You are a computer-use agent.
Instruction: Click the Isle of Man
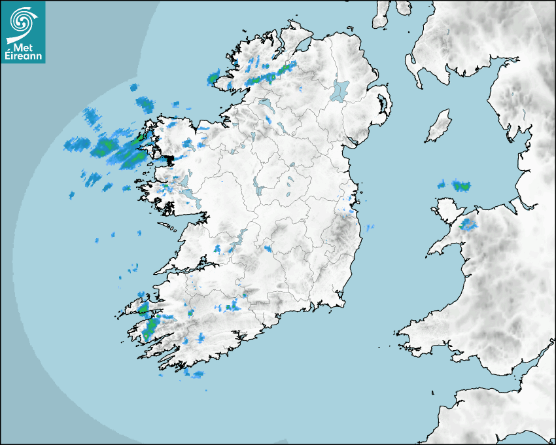click(x=438, y=126)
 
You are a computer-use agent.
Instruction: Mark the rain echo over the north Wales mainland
click(x=468, y=225)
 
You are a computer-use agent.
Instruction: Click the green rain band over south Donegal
click(x=269, y=75)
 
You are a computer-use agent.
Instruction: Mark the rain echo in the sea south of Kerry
click(x=194, y=374)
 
